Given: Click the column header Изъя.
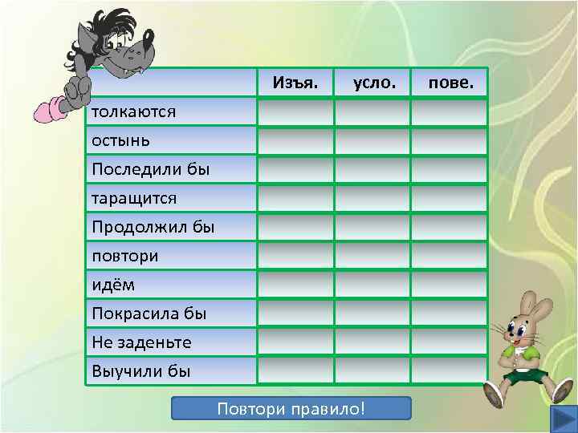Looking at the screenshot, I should tap(295, 83).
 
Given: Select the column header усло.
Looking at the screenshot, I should tap(372, 83).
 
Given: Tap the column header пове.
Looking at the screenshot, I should tap(450, 83).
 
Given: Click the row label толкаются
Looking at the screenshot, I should tap(134, 111).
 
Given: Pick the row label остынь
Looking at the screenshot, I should tap(120, 140).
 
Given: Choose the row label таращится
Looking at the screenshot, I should tap(134, 198).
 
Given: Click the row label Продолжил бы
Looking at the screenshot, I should tap(153, 227).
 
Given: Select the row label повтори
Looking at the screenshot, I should tap(125, 256).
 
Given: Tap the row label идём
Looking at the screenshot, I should tap(113, 285).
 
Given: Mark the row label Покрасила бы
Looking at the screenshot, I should tap(149, 314).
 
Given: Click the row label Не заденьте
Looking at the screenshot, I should tap(142, 342).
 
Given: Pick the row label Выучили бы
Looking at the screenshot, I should tap(142, 371).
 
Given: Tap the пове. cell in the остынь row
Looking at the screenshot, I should tap(449, 141).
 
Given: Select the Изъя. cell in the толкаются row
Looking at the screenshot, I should tap(295, 112).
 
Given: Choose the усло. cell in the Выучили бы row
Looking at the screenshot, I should tap(372, 370).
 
